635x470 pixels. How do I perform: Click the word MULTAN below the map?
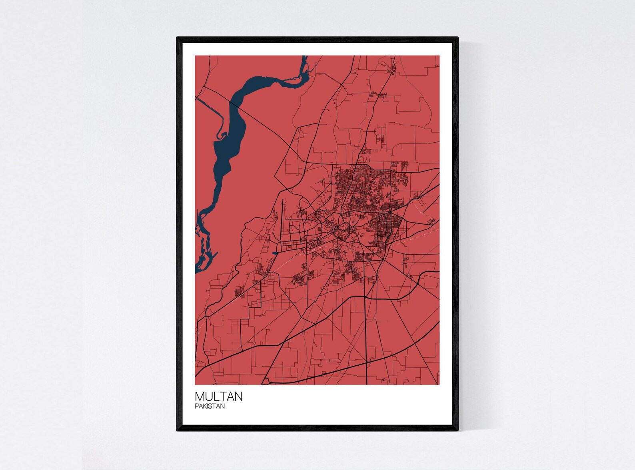pos(218,396)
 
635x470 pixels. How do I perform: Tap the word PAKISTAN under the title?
pos(210,406)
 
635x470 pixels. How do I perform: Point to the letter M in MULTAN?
pos(199,396)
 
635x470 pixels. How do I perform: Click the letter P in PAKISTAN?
pos(197,406)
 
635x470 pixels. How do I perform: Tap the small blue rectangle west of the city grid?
pos(274,253)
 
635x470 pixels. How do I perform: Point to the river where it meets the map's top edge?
pos(305,57)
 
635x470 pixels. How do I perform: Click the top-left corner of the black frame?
pos(178,38)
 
